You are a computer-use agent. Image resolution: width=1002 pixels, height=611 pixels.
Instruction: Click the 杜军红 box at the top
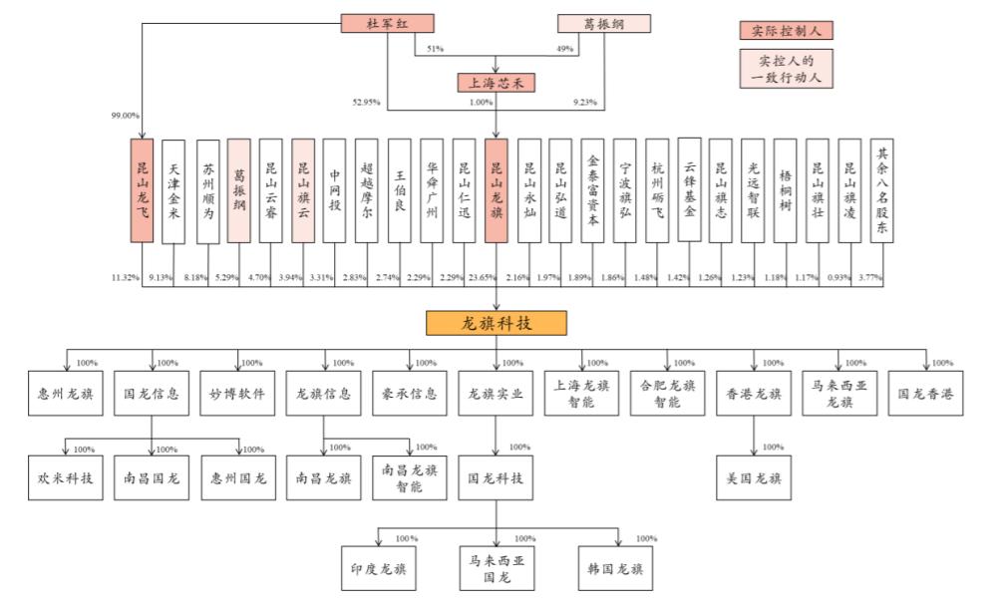point(387,24)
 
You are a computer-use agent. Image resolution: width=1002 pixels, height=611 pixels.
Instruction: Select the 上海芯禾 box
point(496,83)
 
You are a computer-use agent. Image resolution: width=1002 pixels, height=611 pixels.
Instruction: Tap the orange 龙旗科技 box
point(497,323)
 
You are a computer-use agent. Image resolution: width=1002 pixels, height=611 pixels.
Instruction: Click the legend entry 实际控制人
point(786,31)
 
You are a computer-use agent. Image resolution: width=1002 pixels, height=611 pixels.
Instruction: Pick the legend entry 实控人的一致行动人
point(786,69)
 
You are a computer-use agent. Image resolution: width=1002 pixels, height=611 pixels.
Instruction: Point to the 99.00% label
point(126,116)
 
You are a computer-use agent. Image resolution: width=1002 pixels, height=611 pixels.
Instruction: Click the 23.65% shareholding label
point(482,277)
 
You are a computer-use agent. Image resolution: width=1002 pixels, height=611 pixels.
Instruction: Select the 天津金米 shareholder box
point(173,191)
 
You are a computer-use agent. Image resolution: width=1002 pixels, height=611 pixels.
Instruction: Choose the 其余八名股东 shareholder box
point(882,190)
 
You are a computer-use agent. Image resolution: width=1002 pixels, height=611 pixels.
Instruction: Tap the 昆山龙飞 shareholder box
point(142,190)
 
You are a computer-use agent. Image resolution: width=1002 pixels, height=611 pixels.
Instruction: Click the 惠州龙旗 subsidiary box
point(66,394)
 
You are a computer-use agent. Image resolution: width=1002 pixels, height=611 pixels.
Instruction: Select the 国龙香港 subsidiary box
point(925,394)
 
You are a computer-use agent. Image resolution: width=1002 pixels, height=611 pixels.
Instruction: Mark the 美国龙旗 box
point(754,478)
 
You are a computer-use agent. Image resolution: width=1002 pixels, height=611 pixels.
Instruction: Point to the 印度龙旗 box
point(379,568)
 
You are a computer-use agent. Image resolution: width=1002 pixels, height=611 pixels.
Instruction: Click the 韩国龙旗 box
point(615,568)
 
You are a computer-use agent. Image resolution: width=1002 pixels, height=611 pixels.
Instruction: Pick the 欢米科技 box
point(66,478)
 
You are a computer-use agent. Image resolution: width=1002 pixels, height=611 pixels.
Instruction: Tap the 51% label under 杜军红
point(435,49)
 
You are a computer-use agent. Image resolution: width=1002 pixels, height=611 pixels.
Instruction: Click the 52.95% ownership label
point(366,103)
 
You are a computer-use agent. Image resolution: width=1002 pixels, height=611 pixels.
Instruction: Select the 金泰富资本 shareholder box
point(593,190)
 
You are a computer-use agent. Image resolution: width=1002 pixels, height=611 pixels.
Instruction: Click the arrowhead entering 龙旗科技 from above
point(497,306)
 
